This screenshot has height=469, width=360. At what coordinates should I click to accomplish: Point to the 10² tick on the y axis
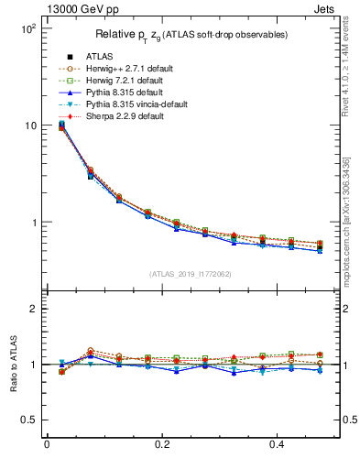27,28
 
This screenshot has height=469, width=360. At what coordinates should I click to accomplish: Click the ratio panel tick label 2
33,309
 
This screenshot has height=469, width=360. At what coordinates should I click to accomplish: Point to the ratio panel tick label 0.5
28,420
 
